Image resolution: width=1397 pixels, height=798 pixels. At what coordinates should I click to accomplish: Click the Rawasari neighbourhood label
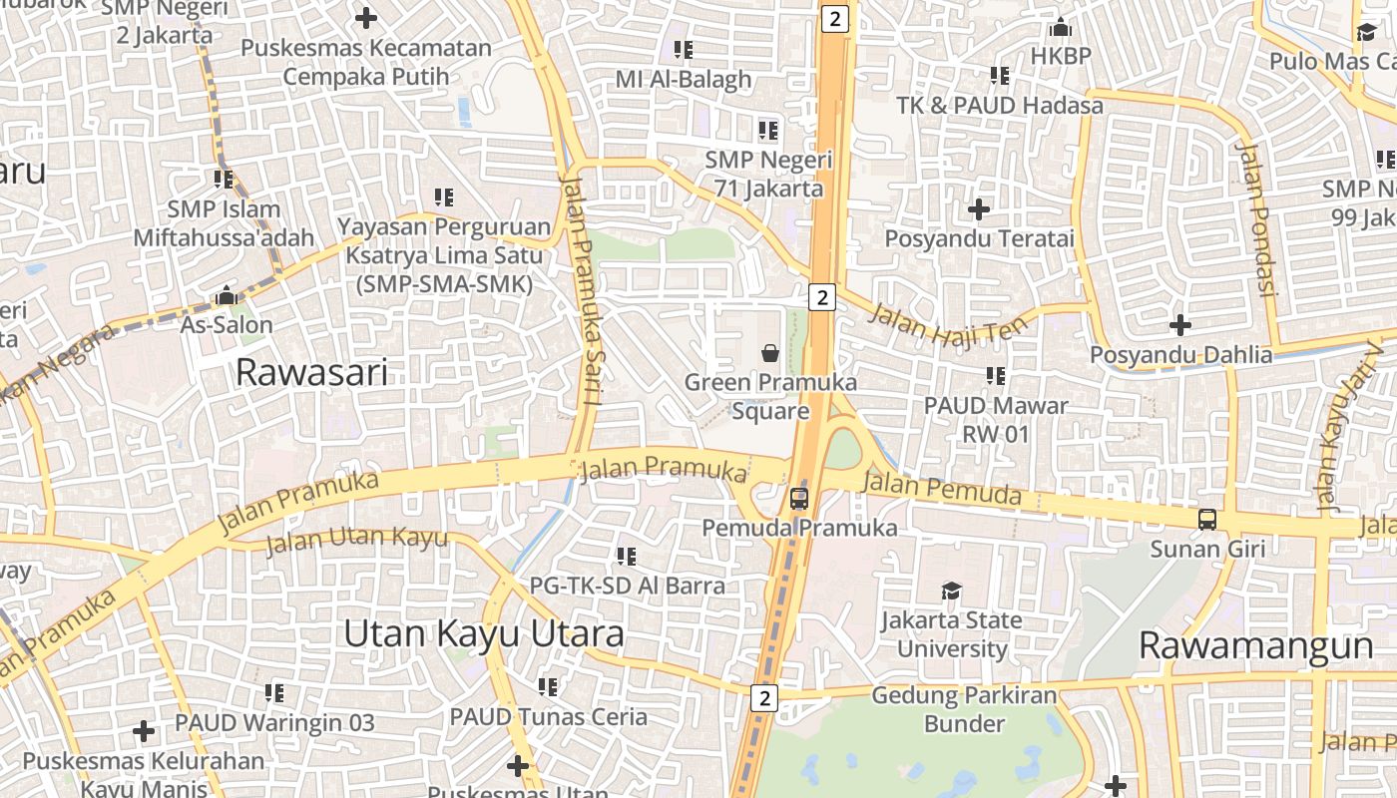click(x=311, y=373)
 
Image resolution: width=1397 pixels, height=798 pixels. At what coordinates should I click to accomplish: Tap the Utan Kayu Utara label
click(x=484, y=633)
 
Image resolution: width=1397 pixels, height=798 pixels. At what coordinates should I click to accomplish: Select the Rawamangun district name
click(x=1255, y=645)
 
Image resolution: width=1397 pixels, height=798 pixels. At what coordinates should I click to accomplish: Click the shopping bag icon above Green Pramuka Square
click(x=770, y=352)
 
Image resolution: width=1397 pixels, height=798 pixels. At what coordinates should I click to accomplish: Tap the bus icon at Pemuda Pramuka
click(x=799, y=499)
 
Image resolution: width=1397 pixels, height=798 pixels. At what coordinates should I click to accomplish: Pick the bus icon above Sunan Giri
click(x=1207, y=520)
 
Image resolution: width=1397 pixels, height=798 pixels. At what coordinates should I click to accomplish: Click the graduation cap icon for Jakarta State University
click(x=951, y=591)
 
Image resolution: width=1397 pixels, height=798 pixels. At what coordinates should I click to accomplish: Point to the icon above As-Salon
click(x=227, y=296)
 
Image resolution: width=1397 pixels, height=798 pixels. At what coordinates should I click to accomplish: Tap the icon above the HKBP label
click(x=1061, y=27)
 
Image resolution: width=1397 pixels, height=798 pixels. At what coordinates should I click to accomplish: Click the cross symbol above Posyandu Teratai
click(x=979, y=209)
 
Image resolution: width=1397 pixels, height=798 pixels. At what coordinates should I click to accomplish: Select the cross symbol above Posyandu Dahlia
click(x=1180, y=325)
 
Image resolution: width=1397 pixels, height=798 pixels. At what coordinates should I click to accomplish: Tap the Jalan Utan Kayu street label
click(x=356, y=540)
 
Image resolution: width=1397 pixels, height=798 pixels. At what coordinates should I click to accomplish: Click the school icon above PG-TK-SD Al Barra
click(x=627, y=556)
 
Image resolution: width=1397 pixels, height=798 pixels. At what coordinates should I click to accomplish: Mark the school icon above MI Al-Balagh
click(x=684, y=49)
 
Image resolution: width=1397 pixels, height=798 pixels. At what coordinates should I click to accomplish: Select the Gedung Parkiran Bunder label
click(x=950, y=708)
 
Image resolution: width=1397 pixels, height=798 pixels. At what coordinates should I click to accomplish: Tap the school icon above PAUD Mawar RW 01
click(x=996, y=376)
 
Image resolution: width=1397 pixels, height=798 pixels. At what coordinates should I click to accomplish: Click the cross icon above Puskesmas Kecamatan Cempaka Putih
click(x=366, y=18)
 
